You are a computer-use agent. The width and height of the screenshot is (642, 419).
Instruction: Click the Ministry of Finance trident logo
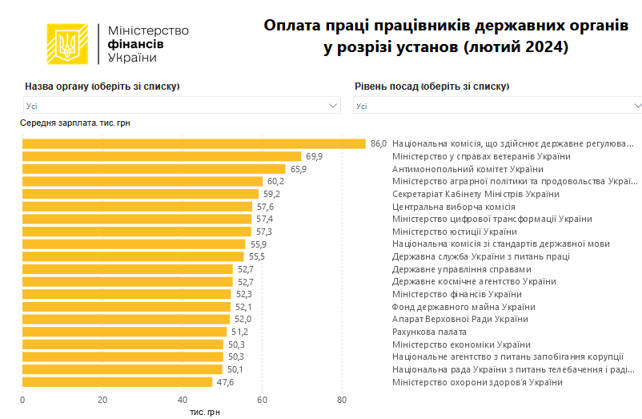[x=68, y=45]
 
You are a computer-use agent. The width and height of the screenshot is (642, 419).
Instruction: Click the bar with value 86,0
[x=194, y=143]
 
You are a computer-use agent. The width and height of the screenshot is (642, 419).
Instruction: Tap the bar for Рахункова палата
[x=124, y=332]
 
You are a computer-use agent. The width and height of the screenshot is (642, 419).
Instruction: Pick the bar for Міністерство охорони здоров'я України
[x=117, y=382]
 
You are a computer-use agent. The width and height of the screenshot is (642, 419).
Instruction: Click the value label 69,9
[x=315, y=156]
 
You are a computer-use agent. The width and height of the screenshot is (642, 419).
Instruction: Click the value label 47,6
[x=226, y=382]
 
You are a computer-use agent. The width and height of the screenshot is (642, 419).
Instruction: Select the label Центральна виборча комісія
[x=453, y=207]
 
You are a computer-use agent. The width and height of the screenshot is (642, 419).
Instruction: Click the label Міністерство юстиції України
[x=455, y=232]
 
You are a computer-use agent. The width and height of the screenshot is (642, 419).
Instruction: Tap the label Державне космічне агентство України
[x=473, y=281]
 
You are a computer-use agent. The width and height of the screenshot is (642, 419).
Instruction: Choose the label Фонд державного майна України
[x=463, y=307]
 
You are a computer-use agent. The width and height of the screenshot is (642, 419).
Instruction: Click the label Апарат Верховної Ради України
[x=459, y=319]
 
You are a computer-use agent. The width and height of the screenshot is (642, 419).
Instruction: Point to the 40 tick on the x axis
[x=183, y=400]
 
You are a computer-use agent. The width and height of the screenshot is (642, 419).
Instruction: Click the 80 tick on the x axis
[x=342, y=400]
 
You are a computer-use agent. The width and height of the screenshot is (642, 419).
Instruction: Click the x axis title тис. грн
[x=204, y=412]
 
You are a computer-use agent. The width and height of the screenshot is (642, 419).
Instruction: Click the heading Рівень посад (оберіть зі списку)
[x=431, y=87]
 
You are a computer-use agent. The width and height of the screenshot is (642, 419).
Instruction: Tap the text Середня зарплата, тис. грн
[x=74, y=123]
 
